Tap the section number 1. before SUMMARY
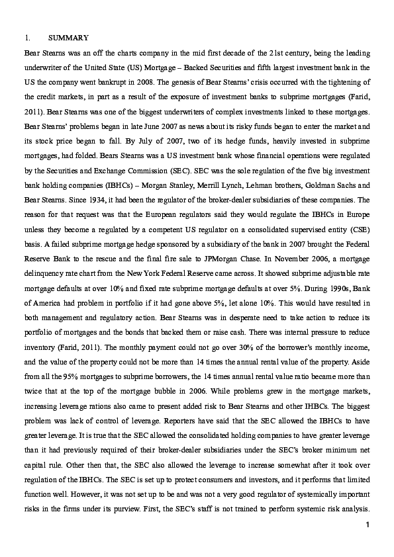pyautogui.click(x=27, y=38)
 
